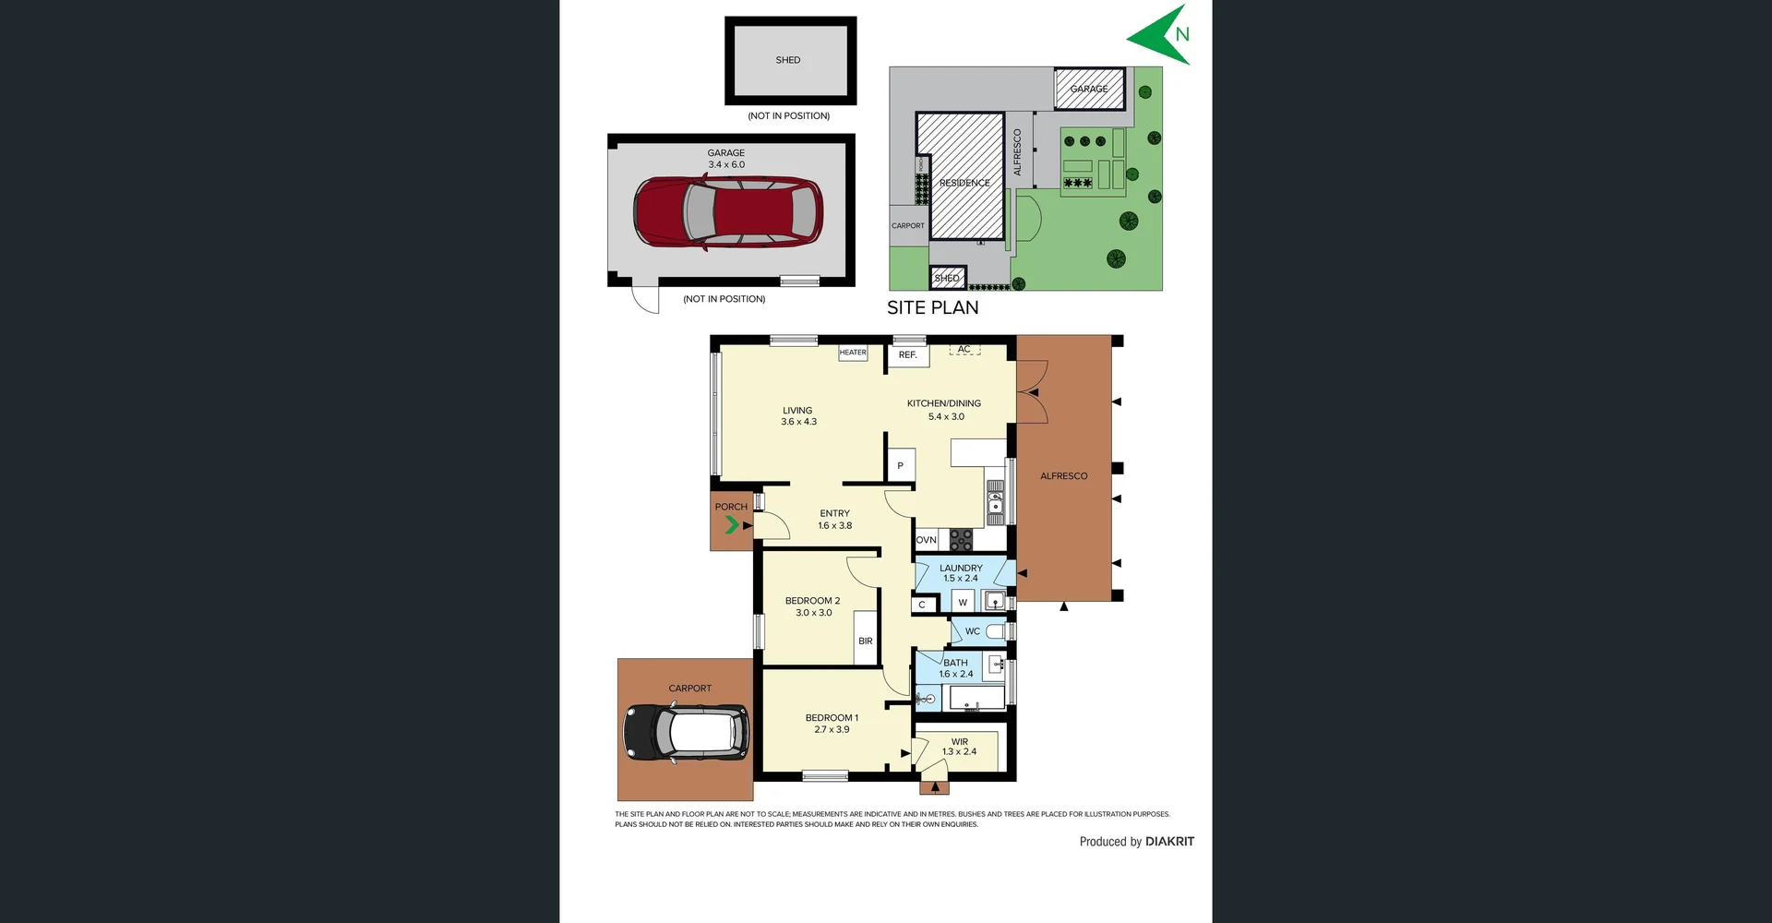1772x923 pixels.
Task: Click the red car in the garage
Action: click(x=728, y=212)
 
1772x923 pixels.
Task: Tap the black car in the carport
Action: click(x=686, y=733)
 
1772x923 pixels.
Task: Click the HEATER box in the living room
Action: click(x=853, y=353)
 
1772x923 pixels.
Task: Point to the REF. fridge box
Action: click(x=908, y=354)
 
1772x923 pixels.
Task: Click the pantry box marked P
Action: click(x=901, y=465)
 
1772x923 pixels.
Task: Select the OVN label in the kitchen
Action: click(x=926, y=540)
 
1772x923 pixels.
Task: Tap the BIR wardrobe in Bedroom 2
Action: click(x=866, y=641)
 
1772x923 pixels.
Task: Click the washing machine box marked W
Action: click(x=963, y=603)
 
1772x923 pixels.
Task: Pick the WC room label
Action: click(x=973, y=631)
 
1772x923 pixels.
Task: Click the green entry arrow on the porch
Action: click(x=732, y=525)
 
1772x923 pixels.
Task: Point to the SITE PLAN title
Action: click(x=933, y=308)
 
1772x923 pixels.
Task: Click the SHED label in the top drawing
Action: click(x=788, y=60)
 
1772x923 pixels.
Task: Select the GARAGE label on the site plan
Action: click(x=1089, y=89)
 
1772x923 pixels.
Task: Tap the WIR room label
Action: click(x=960, y=741)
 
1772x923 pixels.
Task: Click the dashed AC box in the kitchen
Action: click(x=964, y=350)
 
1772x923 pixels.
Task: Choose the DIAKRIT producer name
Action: click(x=1169, y=842)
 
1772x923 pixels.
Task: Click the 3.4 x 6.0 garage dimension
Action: click(x=726, y=164)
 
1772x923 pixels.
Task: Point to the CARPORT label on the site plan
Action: click(x=907, y=225)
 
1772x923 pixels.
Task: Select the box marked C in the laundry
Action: click(x=922, y=605)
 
